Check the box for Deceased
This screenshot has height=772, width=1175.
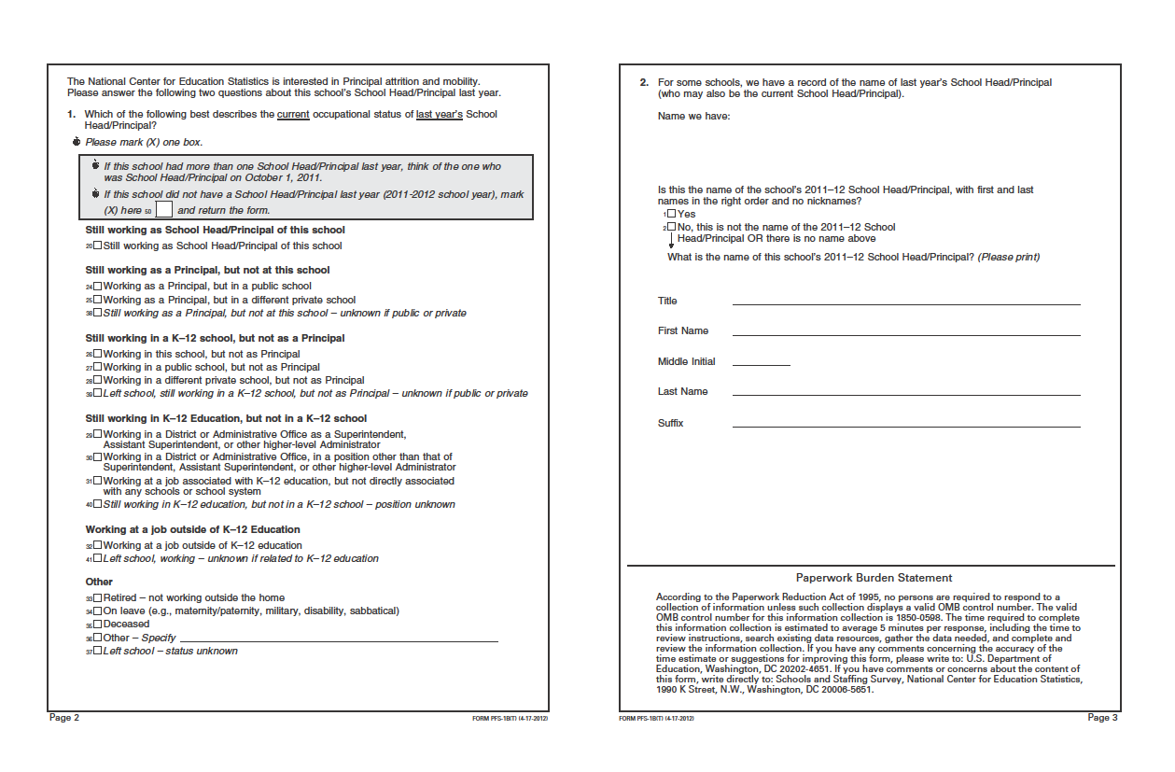pos(98,625)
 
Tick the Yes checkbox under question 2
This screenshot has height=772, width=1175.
pos(671,214)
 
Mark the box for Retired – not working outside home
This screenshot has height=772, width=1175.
pos(98,597)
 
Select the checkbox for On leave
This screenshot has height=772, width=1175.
pos(98,611)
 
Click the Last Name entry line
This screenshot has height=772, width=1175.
pos(905,393)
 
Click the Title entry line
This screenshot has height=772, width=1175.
pos(905,302)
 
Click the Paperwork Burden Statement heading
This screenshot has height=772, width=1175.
pos(874,578)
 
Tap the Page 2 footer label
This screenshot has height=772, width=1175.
pos(64,718)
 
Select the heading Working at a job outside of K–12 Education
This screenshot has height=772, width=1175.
pos(192,529)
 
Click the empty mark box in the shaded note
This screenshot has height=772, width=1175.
pos(164,210)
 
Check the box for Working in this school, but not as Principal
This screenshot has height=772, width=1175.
pos(98,355)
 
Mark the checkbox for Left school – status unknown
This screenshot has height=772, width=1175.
pos(98,652)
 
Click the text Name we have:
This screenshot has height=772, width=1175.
pos(693,117)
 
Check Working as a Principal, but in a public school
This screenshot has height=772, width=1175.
pos(98,287)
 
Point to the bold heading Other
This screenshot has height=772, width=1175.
pos(99,582)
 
